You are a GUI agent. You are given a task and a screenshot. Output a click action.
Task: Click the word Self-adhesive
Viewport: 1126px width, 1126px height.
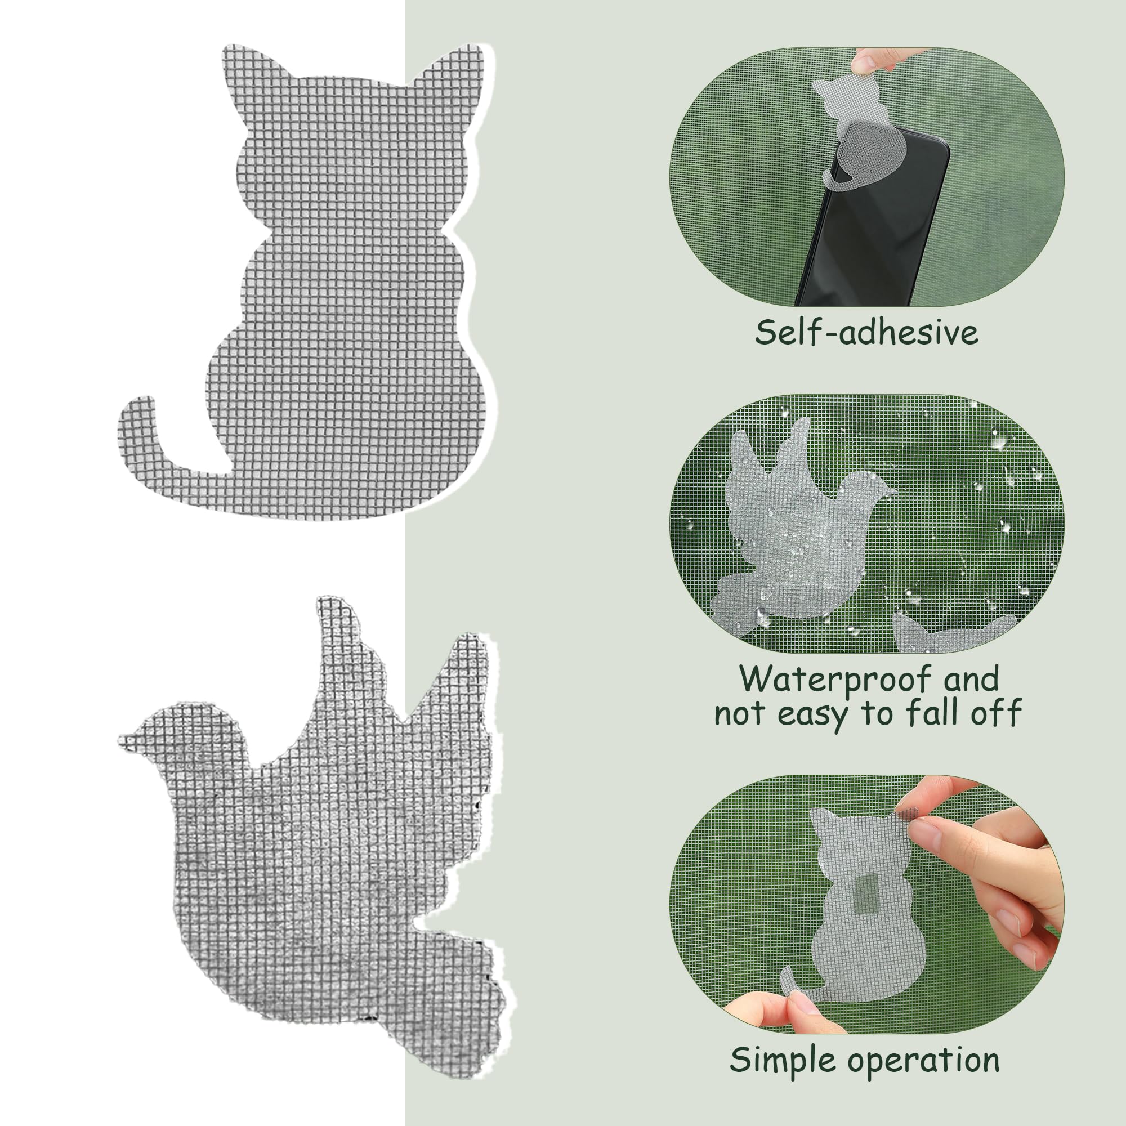tap(866, 333)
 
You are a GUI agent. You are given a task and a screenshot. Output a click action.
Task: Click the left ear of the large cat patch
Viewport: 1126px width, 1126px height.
tap(251, 70)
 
